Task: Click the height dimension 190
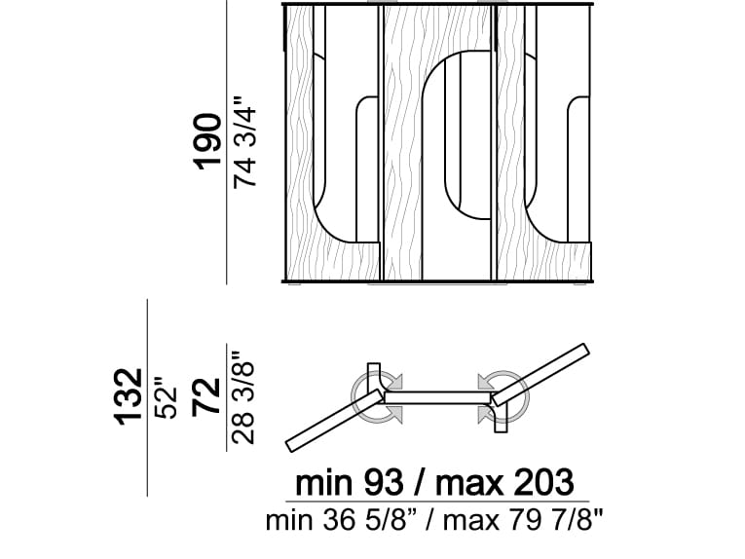206,141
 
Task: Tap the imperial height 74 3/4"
244,142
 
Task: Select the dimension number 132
128,396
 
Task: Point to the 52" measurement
166,398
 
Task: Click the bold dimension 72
206,397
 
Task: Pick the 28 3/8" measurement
243,398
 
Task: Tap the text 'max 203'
504,482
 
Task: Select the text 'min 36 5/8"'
341,520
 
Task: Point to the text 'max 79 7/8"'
523,520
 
